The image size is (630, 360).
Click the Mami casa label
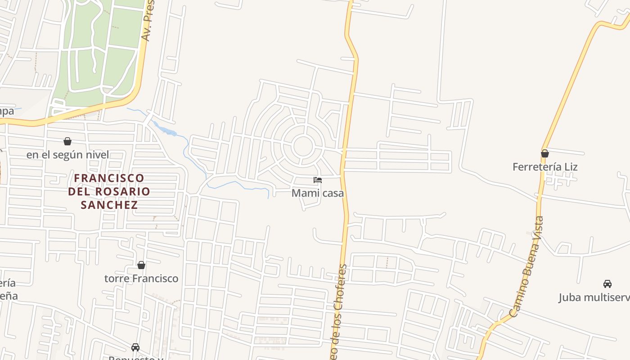[x=318, y=193]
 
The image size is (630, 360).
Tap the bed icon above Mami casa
[x=318, y=180]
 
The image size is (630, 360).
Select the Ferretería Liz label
[x=545, y=167]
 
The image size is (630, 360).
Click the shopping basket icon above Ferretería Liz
[x=545, y=153]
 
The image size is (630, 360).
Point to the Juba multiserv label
[x=594, y=297]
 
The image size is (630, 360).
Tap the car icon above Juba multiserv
[x=607, y=284]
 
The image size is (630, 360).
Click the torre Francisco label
[x=141, y=279]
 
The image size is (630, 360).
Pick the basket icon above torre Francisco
[x=141, y=265]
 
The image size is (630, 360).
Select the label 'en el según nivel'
[x=67, y=155]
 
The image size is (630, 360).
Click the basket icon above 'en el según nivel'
[x=67, y=141]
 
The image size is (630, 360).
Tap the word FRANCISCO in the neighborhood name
[x=109, y=178]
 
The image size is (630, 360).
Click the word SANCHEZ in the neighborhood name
[x=109, y=205]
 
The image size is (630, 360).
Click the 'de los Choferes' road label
[x=340, y=310]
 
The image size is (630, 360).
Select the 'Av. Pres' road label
[x=148, y=20]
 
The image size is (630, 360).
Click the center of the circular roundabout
[x=302, y=146]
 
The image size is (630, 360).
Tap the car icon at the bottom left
[x=135, y=347]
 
